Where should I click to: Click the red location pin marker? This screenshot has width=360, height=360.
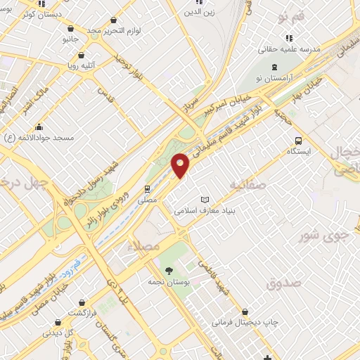click(181, 165)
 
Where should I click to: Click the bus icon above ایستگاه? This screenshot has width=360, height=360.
click(300, 140)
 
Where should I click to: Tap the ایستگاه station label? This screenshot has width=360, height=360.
click(300, 151)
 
